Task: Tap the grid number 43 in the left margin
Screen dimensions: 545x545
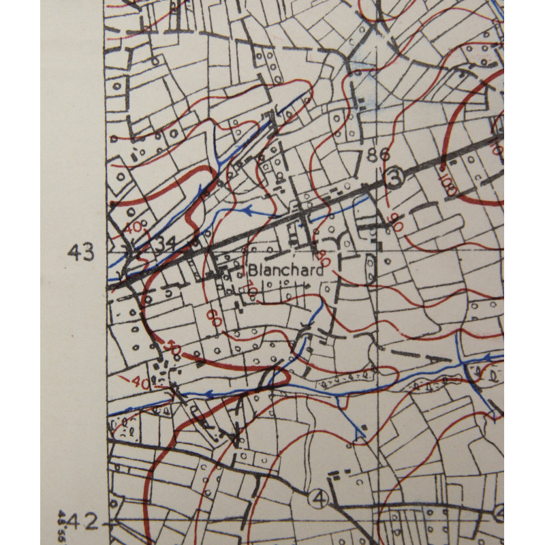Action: coord(80,253)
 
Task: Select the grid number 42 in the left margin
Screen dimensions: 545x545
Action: coord(82,523)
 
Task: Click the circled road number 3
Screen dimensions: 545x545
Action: coord(392,178)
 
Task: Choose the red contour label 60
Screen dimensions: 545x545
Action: coord(215,315)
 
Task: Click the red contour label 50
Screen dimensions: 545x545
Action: coord(174,348)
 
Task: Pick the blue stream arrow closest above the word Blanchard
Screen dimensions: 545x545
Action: coord(245,211)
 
